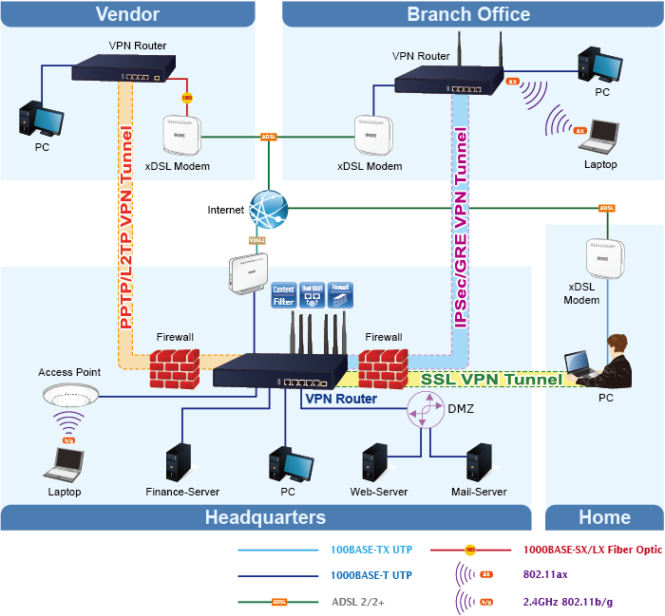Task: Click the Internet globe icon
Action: (x=268, y=208)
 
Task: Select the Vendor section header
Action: (x=127, y=13)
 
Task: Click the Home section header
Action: (x=604, y=517)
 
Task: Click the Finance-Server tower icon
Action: (x=177, y=462)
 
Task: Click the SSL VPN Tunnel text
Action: (x=491, y=379)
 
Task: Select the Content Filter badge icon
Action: (x=284, y=294)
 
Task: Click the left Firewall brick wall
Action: (x=177, y=366)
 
